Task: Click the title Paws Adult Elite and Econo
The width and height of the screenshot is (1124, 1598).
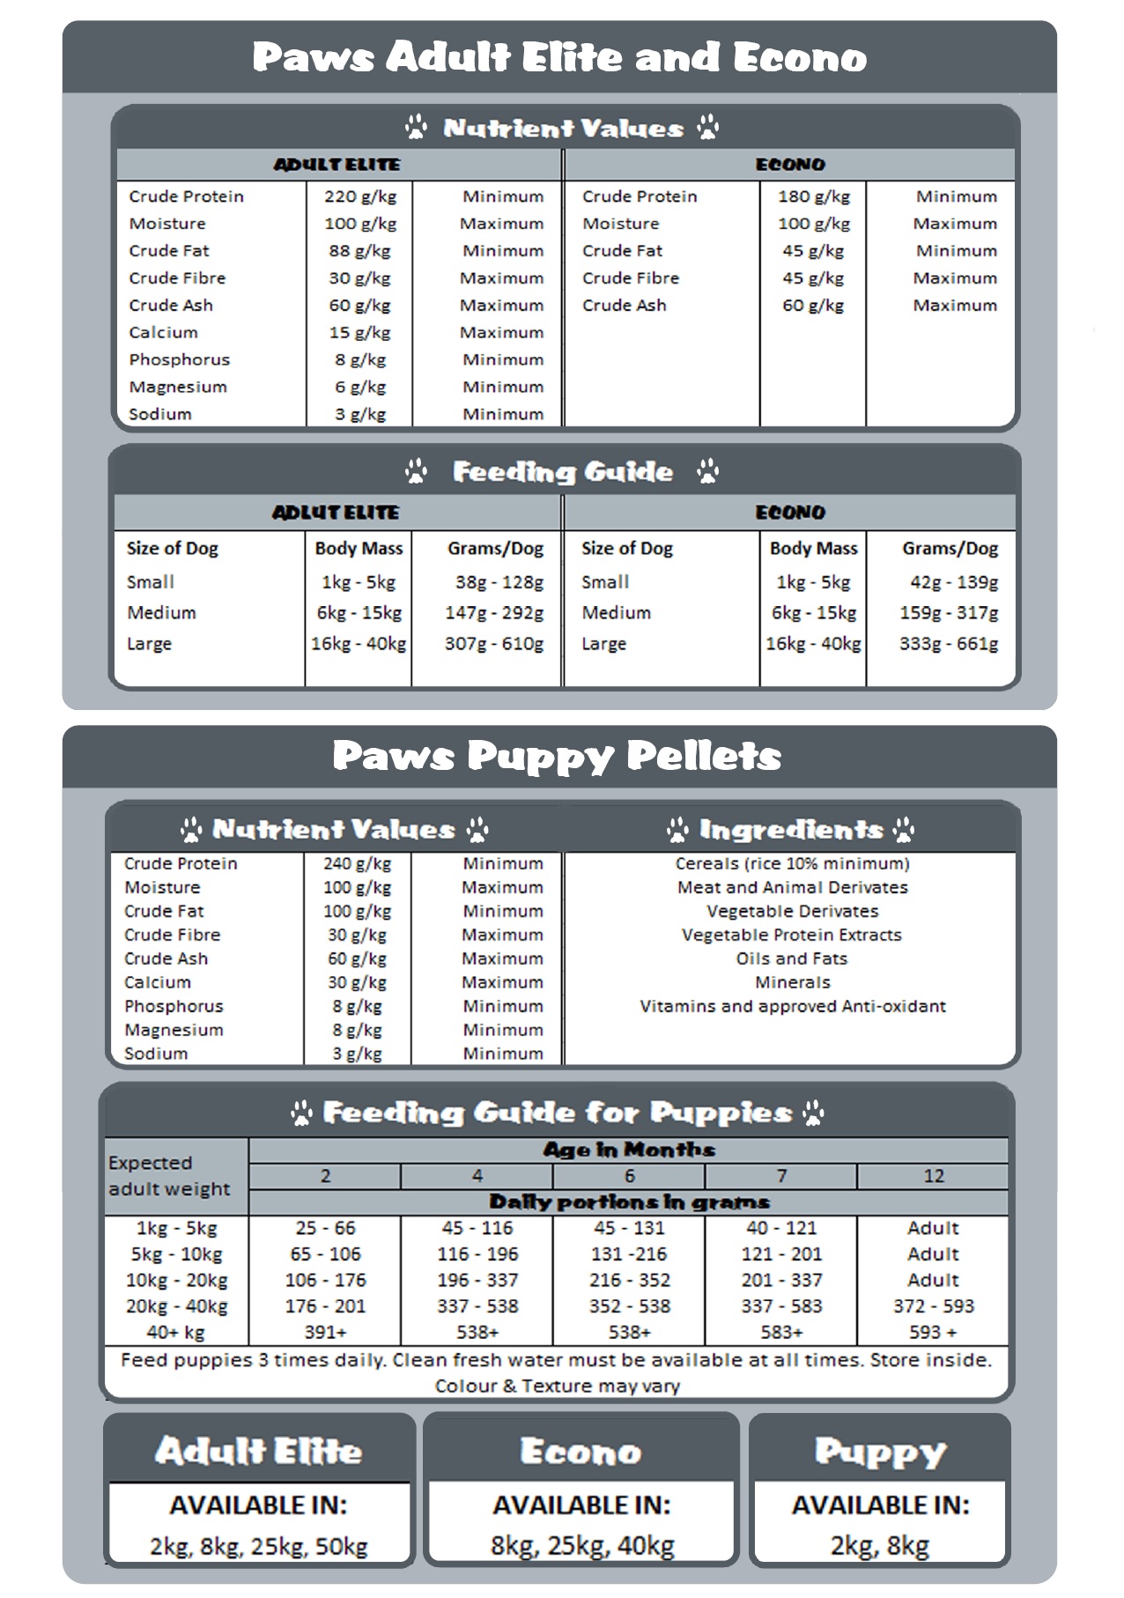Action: pyautogui.click(x=559, y=57)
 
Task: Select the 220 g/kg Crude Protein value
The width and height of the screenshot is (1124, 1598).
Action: pyautogui.click(x=359, y=196)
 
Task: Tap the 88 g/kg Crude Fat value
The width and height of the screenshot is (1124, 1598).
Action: pyautogui.click(x=359, y=251)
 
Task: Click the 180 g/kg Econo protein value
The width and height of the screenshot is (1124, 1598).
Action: pyautogui.click(x=813, y=196)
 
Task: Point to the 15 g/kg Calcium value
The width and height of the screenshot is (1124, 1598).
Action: pyautogui.click(x=359, y=333)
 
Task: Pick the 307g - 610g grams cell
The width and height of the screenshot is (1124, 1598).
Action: pyautogui.click(x=493, y=644)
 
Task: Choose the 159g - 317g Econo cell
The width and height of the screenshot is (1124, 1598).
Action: pyautogui.click(x=949, y=613)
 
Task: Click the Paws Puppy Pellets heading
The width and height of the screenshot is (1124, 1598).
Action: pyautogui.click(x=557, y=756)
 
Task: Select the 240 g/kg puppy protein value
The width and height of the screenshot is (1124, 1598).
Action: pyautogui.click(x=357, y=864)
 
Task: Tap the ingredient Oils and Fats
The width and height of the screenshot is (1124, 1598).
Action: pyautogui.click(x=792, y=959)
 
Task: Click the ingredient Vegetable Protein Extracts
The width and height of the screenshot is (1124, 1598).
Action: pyautogui.click(x=792, y=936)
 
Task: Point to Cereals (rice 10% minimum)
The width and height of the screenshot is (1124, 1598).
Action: pyautogui.click(x=792, y=864)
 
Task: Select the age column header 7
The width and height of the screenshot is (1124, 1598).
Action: pyautogui.click(x=781, y=1177)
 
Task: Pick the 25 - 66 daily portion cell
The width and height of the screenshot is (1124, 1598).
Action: pyautogui.click(x=325, y=1229)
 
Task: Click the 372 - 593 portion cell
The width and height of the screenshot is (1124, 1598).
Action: pyautogui.click(x=933, y=1306)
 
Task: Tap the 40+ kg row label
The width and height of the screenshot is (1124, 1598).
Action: pyautogui.click(x=175, y=1333)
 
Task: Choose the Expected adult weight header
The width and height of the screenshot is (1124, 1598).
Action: pyautogui.click(x=169, y=1176)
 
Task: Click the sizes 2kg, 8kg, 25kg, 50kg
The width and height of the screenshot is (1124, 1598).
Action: pyautogui.click(x=258, y=1547)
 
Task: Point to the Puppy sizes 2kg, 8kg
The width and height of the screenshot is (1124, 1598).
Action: pyautogui.click(x=879, y=1547)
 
